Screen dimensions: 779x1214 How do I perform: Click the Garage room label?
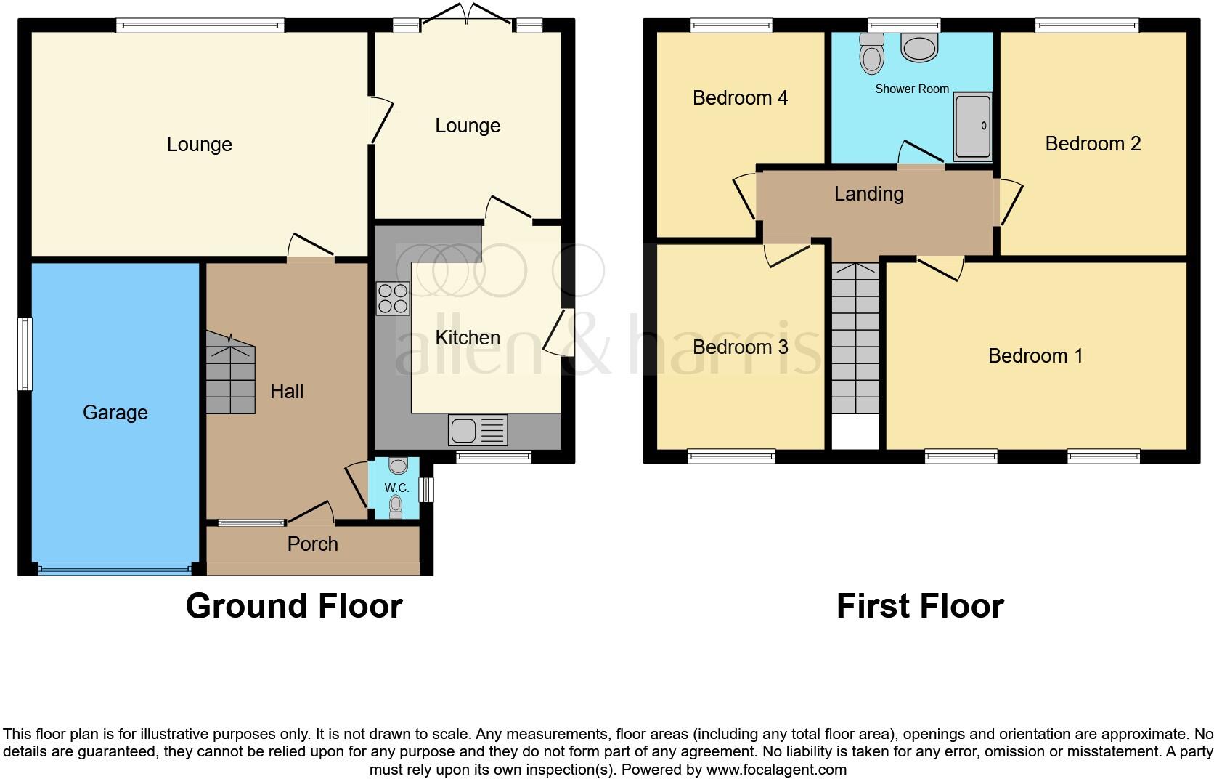[x=115, y=413]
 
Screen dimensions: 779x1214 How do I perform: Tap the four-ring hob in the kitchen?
[x=393, y=299]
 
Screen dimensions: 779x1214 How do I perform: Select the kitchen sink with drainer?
[x=477, y=430]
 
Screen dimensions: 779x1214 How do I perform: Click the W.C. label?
[x=396, y=488]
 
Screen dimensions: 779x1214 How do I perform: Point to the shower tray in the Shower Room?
[x=972, y=126]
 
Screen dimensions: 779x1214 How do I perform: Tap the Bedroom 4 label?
[x=740, y=98]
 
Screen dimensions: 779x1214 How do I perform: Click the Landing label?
[x=868, y=194]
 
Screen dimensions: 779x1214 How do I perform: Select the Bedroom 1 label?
[x=1035, y=356]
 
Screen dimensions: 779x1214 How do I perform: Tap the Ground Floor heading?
[x=294, y=606]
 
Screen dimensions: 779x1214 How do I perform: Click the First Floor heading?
[x=920, y=606]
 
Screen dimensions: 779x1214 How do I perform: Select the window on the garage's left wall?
[x=25, y=354]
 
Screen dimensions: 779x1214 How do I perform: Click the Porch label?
[x=312, y=544]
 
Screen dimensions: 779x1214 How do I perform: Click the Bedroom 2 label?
[x=1093, y=144]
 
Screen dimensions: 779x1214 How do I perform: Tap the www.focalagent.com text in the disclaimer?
[x=776, y=770]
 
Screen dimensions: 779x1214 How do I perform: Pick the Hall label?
[x=287, y=392]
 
